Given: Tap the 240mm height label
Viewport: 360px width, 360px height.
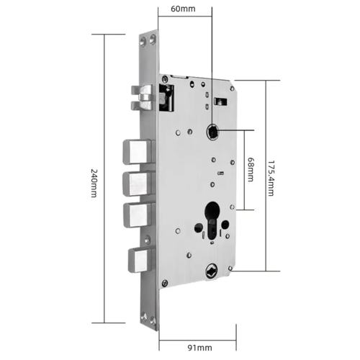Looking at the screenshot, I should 94,184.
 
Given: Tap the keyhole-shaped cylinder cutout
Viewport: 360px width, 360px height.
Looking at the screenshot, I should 213,220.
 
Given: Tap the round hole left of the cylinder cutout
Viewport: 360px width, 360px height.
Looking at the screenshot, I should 199,227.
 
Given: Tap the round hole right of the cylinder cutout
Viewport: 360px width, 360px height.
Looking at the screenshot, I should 225,225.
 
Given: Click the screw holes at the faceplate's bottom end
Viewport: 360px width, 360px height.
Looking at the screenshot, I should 149,319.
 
